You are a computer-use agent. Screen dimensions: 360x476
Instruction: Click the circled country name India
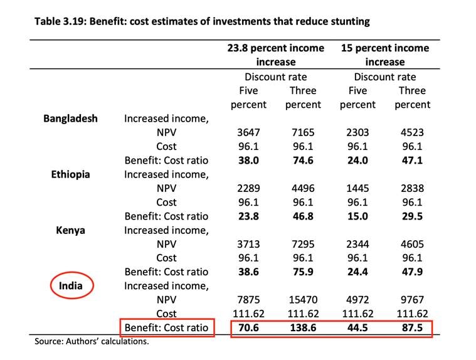click(71, 285)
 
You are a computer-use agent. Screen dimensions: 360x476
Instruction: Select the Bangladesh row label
click(70, 118)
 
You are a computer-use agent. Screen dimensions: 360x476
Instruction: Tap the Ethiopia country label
click(70, 174)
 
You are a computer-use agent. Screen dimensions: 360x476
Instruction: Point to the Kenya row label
click(70, 230)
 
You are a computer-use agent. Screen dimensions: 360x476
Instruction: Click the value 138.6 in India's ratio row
click(303, 327)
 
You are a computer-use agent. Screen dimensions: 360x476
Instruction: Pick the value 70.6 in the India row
click(248, 327)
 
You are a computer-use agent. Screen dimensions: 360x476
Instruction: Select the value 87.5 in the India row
click(412, 327)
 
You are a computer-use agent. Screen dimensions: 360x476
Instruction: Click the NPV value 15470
click(303, 300)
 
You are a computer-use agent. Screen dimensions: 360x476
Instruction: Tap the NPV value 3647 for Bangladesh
click(248, 132)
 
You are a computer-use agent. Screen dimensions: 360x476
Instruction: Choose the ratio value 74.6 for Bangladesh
click(303, 160)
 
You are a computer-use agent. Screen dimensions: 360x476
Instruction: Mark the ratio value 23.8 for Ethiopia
click(248, 216)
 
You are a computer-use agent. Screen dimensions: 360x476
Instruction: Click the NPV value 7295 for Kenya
click(303, 244)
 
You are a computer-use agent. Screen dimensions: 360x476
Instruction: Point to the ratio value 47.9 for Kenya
click(412, 272)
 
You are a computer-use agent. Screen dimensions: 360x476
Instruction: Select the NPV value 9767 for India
click(412, 300)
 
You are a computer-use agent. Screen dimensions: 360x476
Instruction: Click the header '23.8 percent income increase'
click(275, 55)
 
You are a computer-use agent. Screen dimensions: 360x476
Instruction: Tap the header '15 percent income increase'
click(384, 55)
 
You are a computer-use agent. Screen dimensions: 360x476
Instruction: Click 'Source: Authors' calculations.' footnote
click(92, 342)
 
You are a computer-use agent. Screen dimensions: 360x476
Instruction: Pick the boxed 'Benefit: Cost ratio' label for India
click(166, 327)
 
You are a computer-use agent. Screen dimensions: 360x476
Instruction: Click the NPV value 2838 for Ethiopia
click(412, 188)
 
